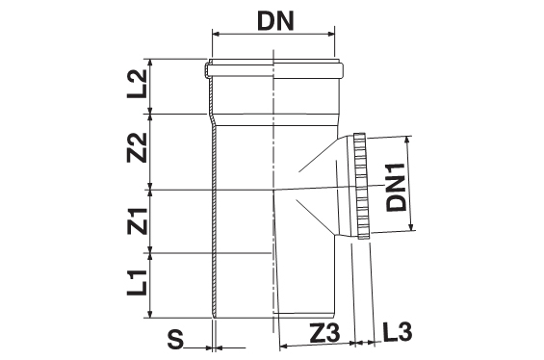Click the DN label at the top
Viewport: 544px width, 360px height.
point(275,20)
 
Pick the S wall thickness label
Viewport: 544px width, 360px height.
point(175,339)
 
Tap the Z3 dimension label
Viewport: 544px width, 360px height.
point(324,333)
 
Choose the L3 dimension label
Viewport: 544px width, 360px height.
point(398,331)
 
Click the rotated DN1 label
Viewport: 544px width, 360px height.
point(396,187)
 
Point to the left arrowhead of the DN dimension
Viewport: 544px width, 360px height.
point(216,34)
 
